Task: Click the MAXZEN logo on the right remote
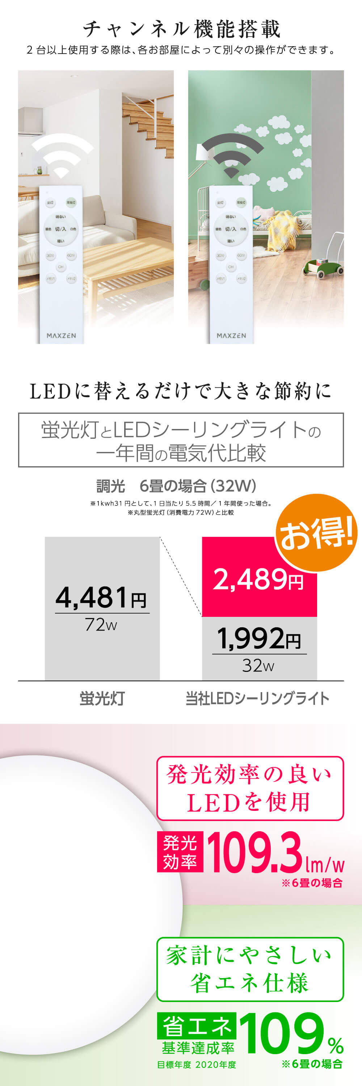pyautogui.click(x=231, y=336)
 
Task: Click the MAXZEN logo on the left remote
pyautogui.click(x=61, y=336)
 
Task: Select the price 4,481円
pyautogui.click(x=101, y=598)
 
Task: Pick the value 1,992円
pyautogui.click(x=259, y=639)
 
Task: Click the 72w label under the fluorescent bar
pyautogui.click(x=101, y=625)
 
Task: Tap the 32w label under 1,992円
pyautogui.click(x=258, y=666)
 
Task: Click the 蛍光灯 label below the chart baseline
pyautogui.click(x=102, y=699)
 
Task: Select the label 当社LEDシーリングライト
pyautogui.click(x=257, y=699)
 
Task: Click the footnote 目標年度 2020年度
pyautogui.click(x=196, y=1065)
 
